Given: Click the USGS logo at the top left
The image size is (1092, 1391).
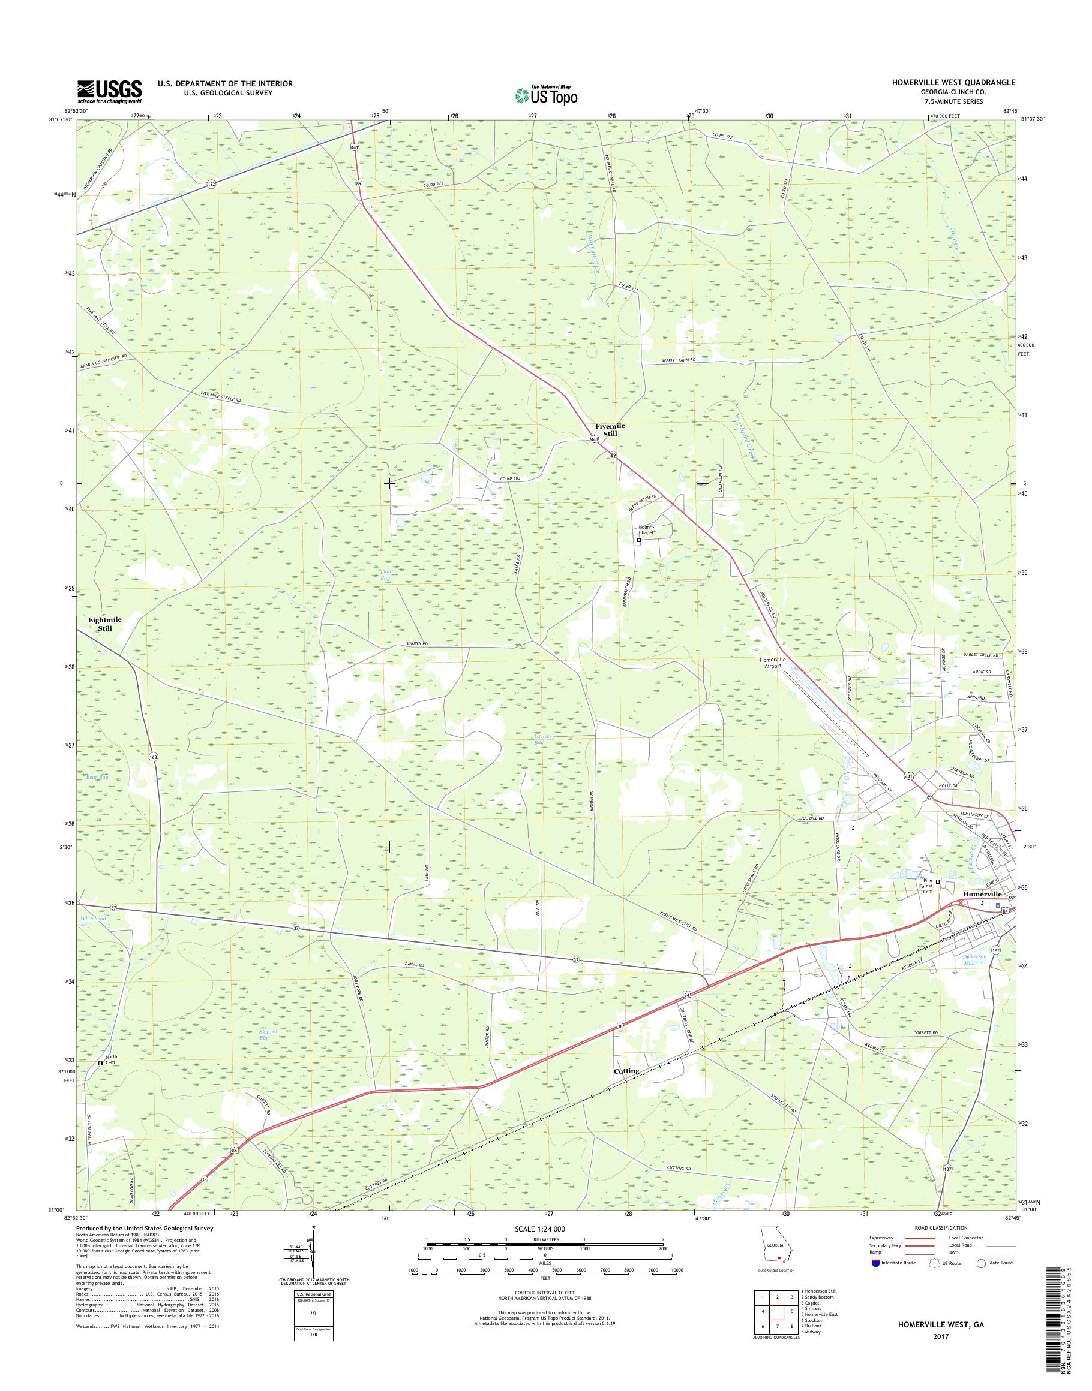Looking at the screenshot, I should pos(109,91).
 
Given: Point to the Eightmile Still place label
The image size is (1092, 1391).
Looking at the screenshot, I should pos(105,624).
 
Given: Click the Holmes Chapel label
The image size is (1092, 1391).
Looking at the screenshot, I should pos(647,531).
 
